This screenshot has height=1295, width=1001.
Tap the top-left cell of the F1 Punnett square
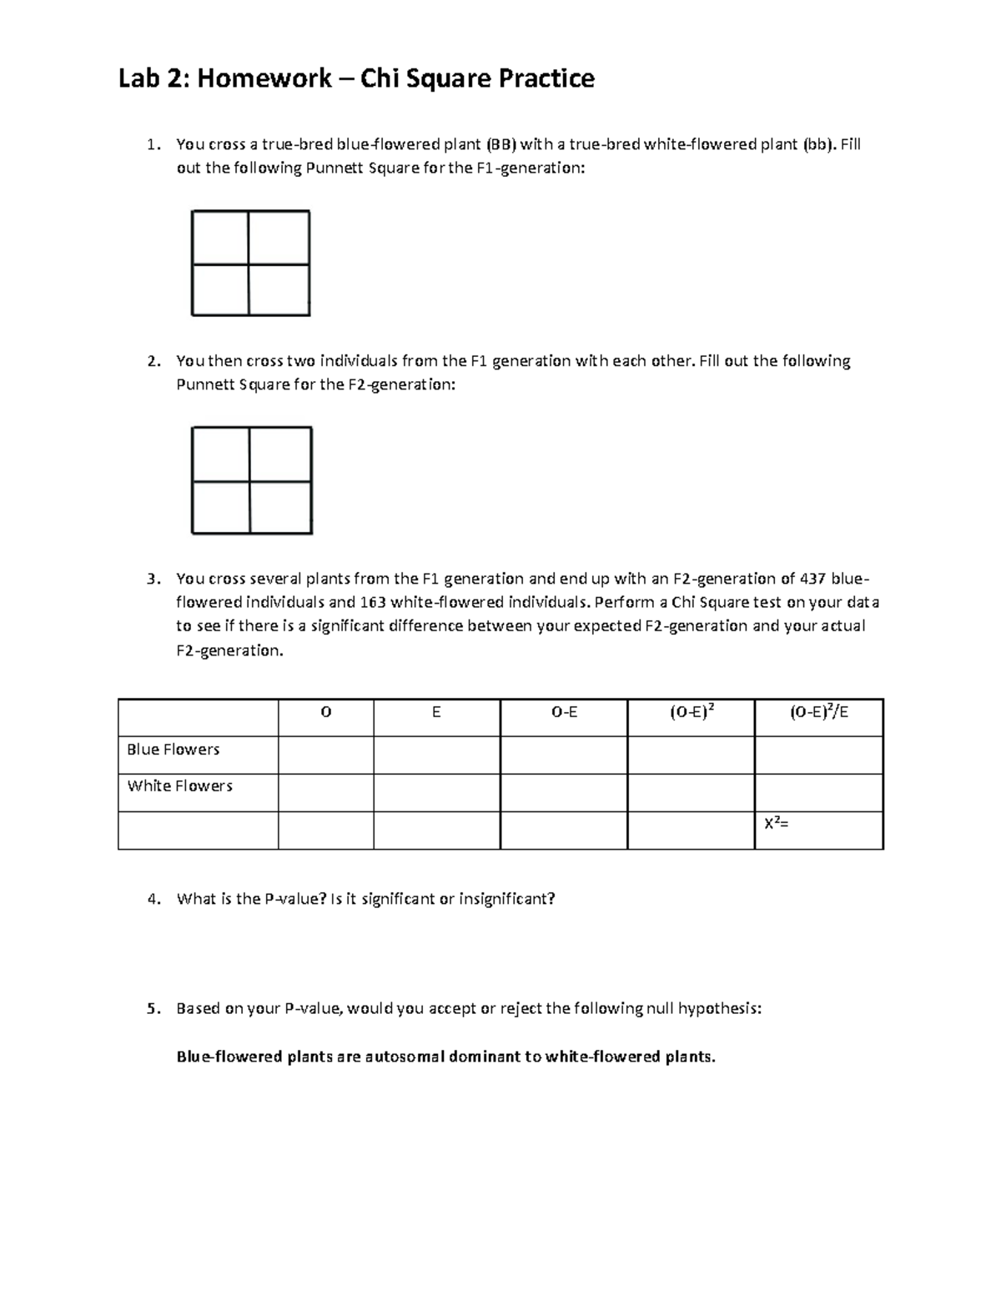pos(220,238)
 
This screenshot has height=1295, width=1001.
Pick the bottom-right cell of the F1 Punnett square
pos(279,289)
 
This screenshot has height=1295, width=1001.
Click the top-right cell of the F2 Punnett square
pos(280,454)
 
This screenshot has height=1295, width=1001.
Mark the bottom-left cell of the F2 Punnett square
pos(220,507)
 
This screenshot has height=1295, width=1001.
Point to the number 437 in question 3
pos(813,578)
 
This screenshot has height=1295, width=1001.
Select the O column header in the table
pos(325,713)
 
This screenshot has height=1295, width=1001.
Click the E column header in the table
pos(436,713)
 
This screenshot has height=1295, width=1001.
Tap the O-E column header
pos(564,713)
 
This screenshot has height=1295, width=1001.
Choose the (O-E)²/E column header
pos(818,713)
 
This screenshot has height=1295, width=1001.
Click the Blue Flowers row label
pos(173,750)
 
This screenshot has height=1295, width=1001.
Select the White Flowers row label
pos(179,786)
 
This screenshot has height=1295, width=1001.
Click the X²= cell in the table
pos(777,824)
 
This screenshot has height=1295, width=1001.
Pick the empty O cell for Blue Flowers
pos(325,755)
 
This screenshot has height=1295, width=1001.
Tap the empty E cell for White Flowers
pos(436,792)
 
